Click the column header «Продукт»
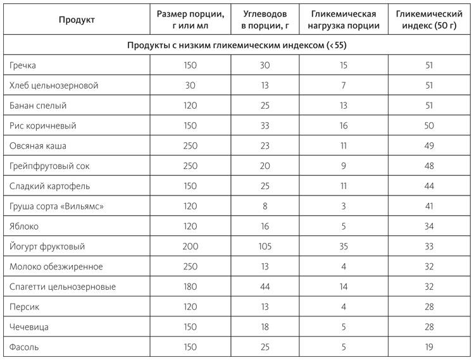pos(77,20)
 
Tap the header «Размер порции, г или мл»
pos(190,20)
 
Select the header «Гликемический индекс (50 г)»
pos(429,20)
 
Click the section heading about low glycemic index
pos(237,46)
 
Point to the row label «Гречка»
pos(24,65)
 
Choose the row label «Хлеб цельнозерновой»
pos(54,85)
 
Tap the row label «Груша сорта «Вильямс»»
pos(55,206)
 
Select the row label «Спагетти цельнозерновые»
pos(62,287)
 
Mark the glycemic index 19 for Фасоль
pos(429,347)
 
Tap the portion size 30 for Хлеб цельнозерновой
pos(190,85)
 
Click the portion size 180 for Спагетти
pos(190,287)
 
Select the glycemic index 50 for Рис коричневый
pos(429,126)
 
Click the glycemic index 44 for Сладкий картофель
pos(429,186)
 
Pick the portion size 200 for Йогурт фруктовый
pos(190,247)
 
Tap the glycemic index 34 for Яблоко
pos(429,227)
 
